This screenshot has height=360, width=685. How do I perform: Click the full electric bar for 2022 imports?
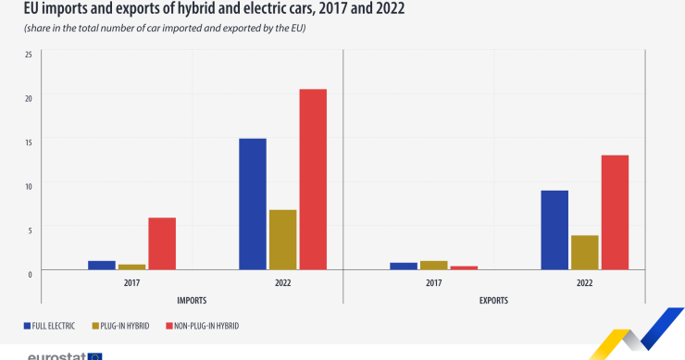(x=253, y=204)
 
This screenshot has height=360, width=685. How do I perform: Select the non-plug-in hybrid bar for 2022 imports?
(x=313, y=180)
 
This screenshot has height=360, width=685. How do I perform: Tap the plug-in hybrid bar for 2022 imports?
(x=282, y=240)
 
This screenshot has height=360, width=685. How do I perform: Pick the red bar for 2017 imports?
(x=162, y=243)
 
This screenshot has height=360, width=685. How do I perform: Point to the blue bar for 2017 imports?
(x=102, y=265)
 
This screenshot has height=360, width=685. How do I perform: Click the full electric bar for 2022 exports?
(x=554, y=230)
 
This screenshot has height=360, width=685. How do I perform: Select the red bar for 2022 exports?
(x=615, y=212)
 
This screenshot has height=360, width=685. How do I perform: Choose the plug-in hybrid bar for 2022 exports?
(x=584, y=252)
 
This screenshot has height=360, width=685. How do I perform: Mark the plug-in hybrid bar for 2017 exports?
(x=433, y=265)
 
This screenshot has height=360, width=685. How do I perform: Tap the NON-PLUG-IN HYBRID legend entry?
(x=201, y=326)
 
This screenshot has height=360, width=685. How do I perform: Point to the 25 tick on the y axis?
(x=28, y=54)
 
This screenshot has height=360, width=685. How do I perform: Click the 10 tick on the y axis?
(x=28, y=185)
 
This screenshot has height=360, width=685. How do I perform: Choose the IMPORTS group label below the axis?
(x=192, y=301)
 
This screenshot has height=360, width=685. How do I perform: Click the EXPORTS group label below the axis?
(x=493, y=301)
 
